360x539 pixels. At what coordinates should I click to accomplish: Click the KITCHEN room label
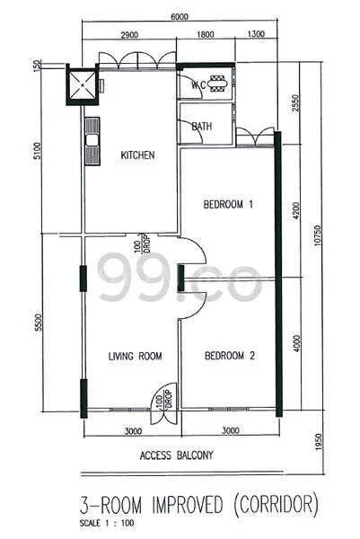tap(137, 155)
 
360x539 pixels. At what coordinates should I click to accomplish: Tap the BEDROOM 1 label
tap(228, 205)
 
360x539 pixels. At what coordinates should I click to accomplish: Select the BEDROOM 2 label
tap(230, 357)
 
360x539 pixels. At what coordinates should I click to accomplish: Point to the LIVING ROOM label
tap(135, 357)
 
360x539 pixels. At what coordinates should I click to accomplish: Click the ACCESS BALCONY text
tap(177, 455)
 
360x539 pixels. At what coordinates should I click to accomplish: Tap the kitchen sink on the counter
tap(91, 139)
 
